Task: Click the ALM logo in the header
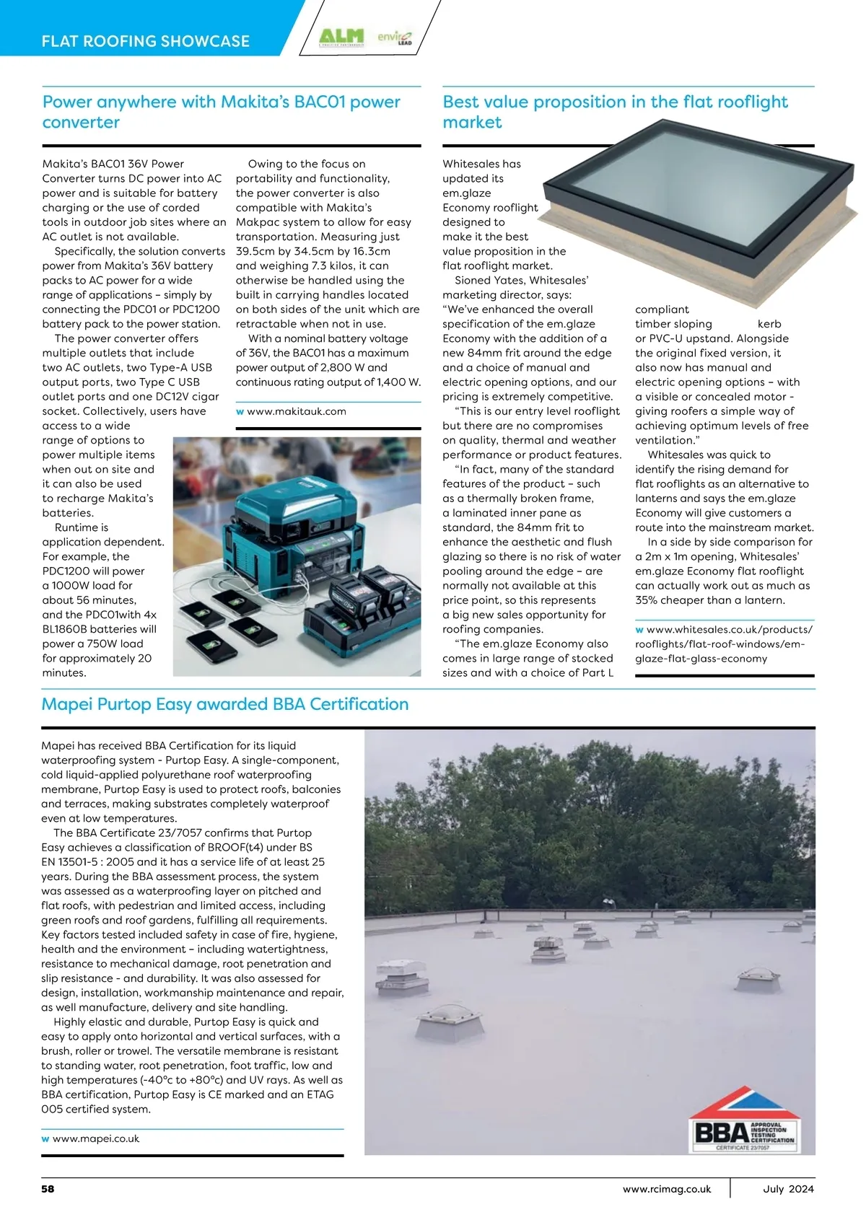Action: click(x=341, y=37)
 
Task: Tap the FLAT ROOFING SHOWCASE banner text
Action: click(x=146, y=41)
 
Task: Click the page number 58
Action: click(x=48, y=1189)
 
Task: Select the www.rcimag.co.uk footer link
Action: click(x=667, y=1189)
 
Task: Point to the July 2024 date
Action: click(x=788, y=1189)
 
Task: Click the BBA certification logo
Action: click(x=744, y=1126)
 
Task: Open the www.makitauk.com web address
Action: click(x=296, y=411)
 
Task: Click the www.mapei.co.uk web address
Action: click(x=95, y=1138)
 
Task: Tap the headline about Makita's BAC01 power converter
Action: click(x=221, y=112)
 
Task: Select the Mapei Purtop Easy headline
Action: click(x=225, y=704)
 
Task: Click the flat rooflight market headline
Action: click(x=615, y=112)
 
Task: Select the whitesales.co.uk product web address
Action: click(x=723, y=644)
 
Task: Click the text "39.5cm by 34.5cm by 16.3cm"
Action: click(x=312, y=251)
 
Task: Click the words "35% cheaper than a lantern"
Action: click(x=709, y=600)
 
